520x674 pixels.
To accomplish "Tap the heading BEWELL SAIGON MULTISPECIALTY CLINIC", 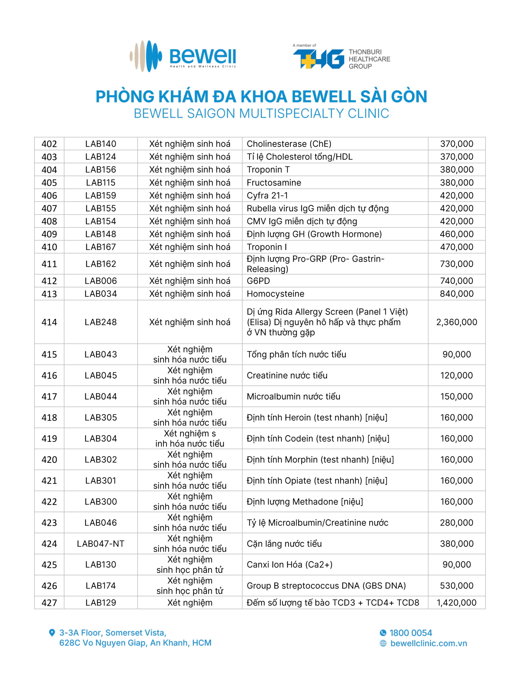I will click(x=261, y=113).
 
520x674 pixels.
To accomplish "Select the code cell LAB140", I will click(x=100, y=144).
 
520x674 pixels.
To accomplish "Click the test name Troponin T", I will click(x=268, y=170).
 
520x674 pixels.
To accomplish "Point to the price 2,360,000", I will click(x=456, y=322).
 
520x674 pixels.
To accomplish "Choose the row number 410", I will click(x=49, y=247).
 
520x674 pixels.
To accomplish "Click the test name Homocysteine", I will click(x=275, y=294).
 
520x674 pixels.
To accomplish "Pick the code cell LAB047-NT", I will click(x=100, y=543).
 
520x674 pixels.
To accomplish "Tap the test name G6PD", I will click(x=258, y=281).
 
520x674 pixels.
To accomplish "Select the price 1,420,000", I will click(x=456, y=602).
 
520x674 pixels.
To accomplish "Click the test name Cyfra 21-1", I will click(x=267, y=195).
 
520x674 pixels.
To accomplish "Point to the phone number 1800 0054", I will click(x=411, y=633).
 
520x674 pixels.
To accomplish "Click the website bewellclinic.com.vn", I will click(x=429, y=643).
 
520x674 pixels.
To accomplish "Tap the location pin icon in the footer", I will click(x=52, y=633).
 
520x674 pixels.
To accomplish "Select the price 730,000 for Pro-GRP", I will click(x=456, y=264).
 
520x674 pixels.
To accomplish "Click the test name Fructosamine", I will click(x=274, y=182).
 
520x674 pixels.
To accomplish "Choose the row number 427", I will click(x=49, y=602).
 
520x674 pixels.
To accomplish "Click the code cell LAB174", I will click(x=100, y=586).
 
